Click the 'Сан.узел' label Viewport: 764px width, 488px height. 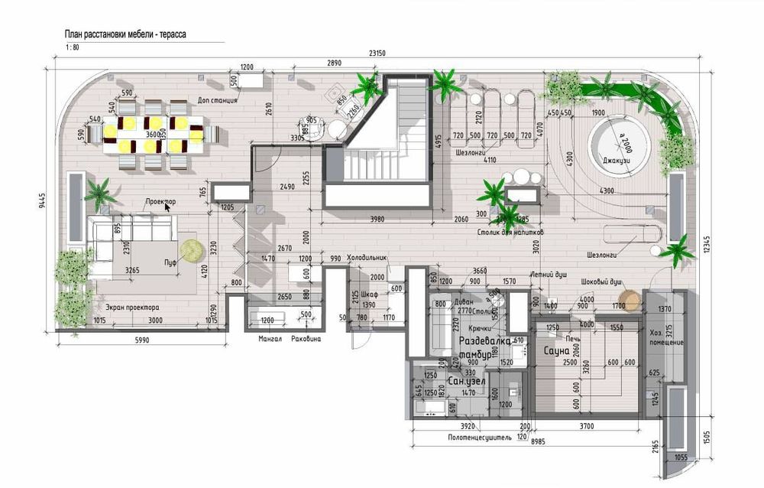tap(465, 380)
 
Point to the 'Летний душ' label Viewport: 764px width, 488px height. tap(548, 274)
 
